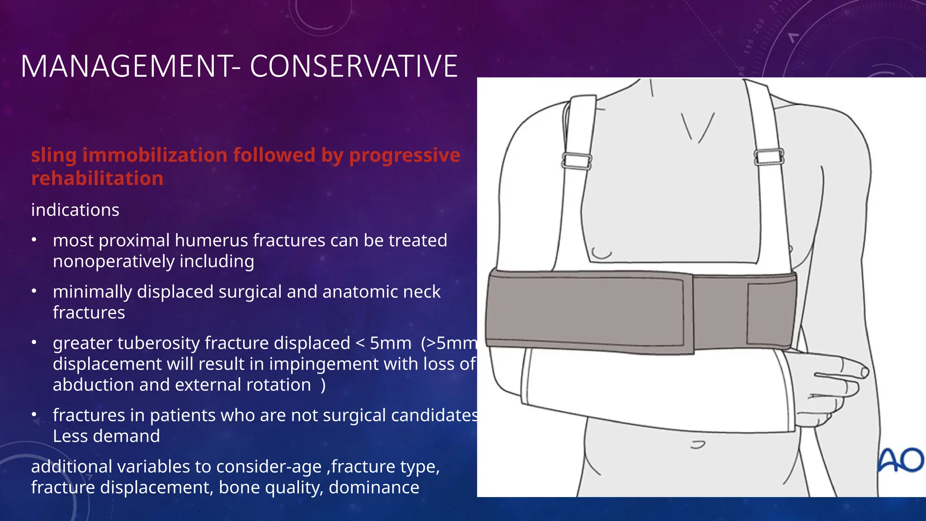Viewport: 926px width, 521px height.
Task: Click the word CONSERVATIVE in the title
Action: tap(354, 66)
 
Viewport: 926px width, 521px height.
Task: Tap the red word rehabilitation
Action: tap(97, 178)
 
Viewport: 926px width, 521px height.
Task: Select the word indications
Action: tap(75, 210)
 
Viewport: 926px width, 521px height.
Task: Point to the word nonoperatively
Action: tap(113, 261)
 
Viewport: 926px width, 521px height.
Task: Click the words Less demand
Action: tap(106, 436)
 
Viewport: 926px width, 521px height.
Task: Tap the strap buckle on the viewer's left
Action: tap(576, 161)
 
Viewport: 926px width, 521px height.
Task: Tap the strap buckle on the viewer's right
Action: tap(769, 156)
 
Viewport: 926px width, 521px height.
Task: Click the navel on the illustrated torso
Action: tap(698, 445)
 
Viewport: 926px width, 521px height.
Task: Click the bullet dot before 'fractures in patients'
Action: tap(34, 415)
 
